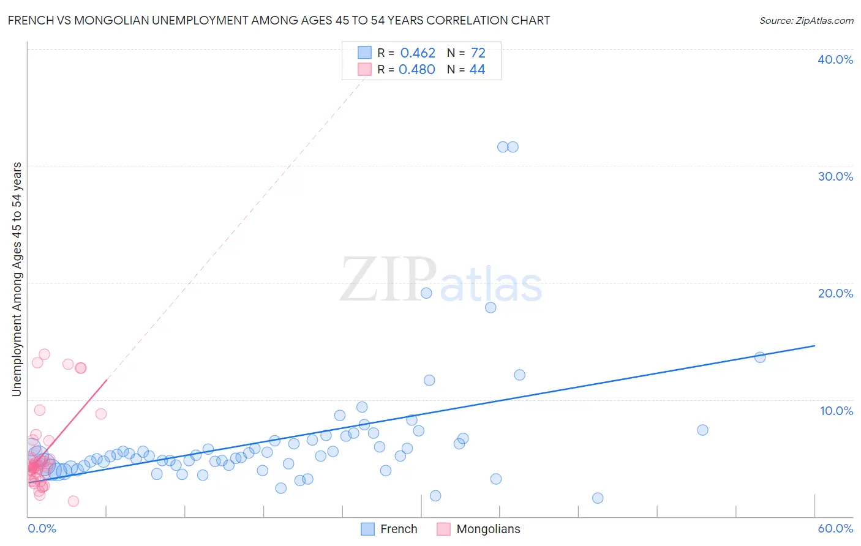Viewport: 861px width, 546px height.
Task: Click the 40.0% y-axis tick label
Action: (x=835, y=59)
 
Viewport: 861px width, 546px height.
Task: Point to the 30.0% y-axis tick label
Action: (x=835, y=176)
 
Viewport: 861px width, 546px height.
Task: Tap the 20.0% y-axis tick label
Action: (x=835, y=293)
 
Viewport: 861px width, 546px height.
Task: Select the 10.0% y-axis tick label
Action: (x=837, y=411)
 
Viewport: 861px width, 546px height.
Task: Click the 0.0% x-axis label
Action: (x=42, y=528)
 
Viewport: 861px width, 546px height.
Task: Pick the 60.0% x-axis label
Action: (x=835, y=528)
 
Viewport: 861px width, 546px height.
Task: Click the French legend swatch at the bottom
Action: (x=367, y=529)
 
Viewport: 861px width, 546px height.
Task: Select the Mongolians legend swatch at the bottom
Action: (x=443, y=529)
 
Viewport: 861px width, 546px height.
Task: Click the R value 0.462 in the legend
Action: (x=418, y=53)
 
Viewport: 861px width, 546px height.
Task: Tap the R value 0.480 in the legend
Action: (x=417, y=70)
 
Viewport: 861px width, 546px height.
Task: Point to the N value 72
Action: (x=478, y=53)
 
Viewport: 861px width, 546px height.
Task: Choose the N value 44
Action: (x=477, y=70)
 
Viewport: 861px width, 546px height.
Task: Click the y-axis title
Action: (x=17, y=279)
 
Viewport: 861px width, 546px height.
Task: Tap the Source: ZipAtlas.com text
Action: (x=806, y=21)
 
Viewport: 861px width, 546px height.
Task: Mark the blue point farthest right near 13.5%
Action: (x=760, y=357)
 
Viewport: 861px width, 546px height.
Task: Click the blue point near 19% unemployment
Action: (x=426, y=293)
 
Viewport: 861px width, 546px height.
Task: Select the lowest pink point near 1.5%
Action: (x=73, y=501)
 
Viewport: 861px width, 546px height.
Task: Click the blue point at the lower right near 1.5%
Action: (x=598, y=498)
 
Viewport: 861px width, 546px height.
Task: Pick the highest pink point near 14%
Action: (x=44, y=354)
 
